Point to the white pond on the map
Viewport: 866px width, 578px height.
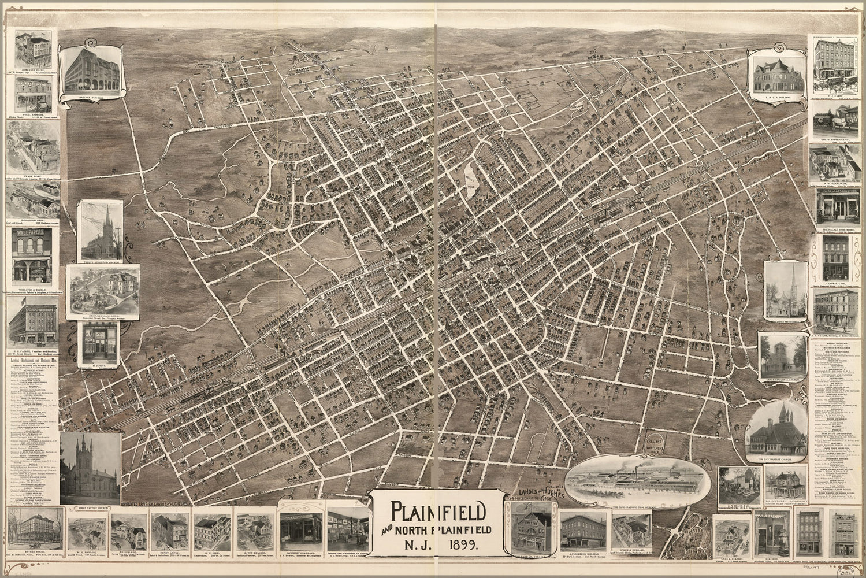coord(472,180)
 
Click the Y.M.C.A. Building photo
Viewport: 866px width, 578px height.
coord(775,72)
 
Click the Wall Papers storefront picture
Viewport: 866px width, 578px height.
coord(32,254)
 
